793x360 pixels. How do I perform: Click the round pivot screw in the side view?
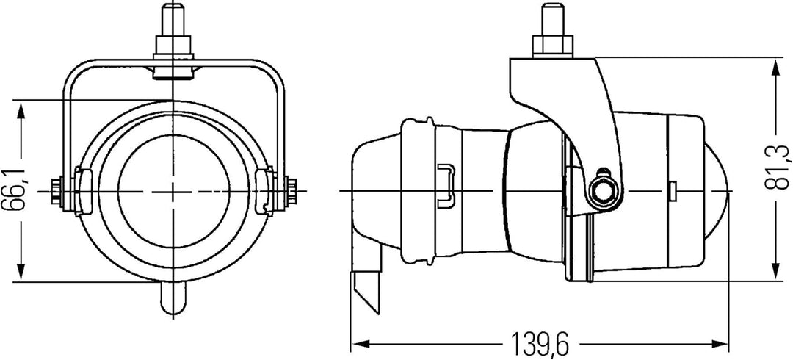pos(603,190)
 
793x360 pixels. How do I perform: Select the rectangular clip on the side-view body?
pos(444,183)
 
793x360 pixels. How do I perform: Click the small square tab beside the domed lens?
pos(671,190)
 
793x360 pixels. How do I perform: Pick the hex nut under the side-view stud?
pos(550,46)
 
